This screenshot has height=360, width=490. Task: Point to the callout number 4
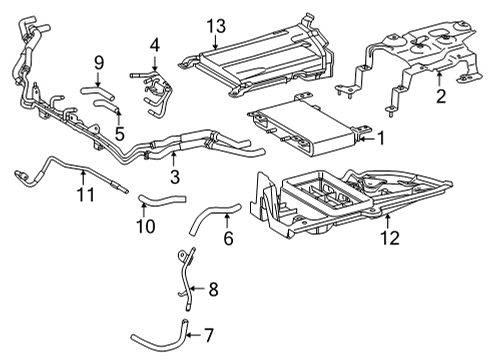(155, 44)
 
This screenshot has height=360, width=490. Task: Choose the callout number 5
(119, 132)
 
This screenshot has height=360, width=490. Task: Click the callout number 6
(227, 239)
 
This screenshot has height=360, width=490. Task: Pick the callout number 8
(213, 291)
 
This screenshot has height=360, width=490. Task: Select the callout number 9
(99, 64)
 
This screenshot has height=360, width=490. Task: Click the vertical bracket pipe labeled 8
(187, 275)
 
